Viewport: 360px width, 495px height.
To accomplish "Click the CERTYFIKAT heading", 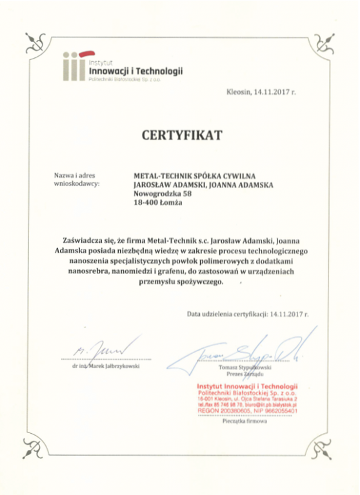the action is coord(181,135).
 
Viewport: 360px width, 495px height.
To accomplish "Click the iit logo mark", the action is coord(74,64).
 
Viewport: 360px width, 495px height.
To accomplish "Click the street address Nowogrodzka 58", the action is coord(162,193).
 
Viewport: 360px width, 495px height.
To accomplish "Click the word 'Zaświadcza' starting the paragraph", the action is coord(82,239).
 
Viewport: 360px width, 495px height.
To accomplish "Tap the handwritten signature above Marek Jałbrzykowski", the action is coord(103,345).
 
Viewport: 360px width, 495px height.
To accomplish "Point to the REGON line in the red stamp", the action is coord(247,410).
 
